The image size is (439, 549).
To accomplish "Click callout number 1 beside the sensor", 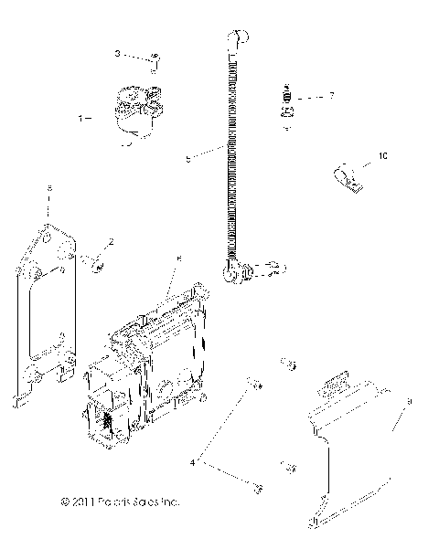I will point(81,119).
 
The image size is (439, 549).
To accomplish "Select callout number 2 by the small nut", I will point(111,241).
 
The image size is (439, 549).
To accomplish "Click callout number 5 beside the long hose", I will point(187,158).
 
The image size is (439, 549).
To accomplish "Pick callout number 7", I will point(332,95).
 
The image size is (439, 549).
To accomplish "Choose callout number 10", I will point(381,157).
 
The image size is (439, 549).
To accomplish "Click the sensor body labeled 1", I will point(137,111).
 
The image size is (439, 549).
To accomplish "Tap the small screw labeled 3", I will point(155,61).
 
